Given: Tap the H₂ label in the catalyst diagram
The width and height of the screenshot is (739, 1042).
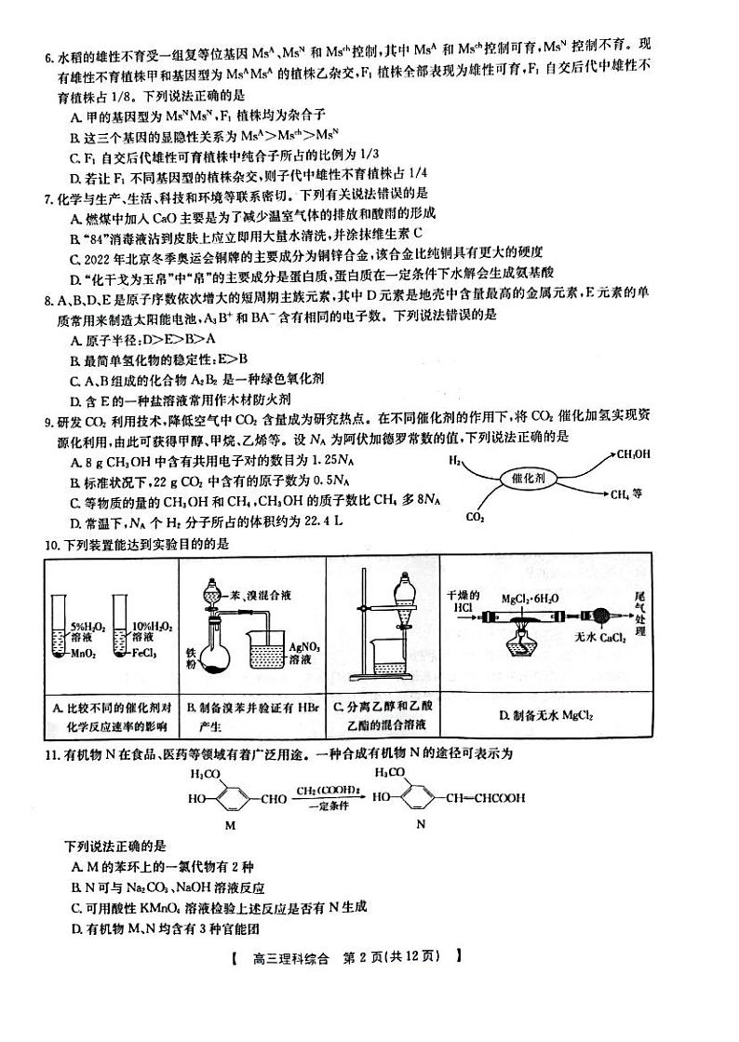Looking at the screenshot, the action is [x=455, y=460].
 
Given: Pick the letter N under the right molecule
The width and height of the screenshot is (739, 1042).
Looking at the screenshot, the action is [x=420, y=825].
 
